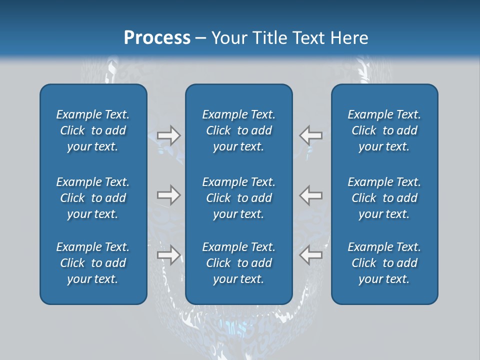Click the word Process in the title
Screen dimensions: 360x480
coord(157,38)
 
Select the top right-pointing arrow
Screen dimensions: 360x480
coord(168,135)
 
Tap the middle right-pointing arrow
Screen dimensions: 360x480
coord(168,195)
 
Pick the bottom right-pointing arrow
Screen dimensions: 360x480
coord(168,255)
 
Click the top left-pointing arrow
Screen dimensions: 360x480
coord(310,135)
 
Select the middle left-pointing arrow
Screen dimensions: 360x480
coord(310,195)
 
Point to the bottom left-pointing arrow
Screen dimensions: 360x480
coord(310,255)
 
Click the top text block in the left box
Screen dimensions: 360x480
coord(93,130)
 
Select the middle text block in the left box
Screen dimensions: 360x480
coord(93,198)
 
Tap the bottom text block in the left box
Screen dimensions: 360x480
coord(93,263)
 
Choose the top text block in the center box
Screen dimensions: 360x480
coord(238,130)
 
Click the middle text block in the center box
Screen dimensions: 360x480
coord(238,198)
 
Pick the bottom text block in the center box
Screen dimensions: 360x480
coord(238,263)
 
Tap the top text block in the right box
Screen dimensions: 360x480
coord(384,130)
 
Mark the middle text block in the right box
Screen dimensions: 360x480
coord(384,198)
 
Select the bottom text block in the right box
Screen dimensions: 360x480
coord(384,263)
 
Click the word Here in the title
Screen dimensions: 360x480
coord(349,38)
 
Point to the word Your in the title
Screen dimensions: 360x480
coord(228,38)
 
